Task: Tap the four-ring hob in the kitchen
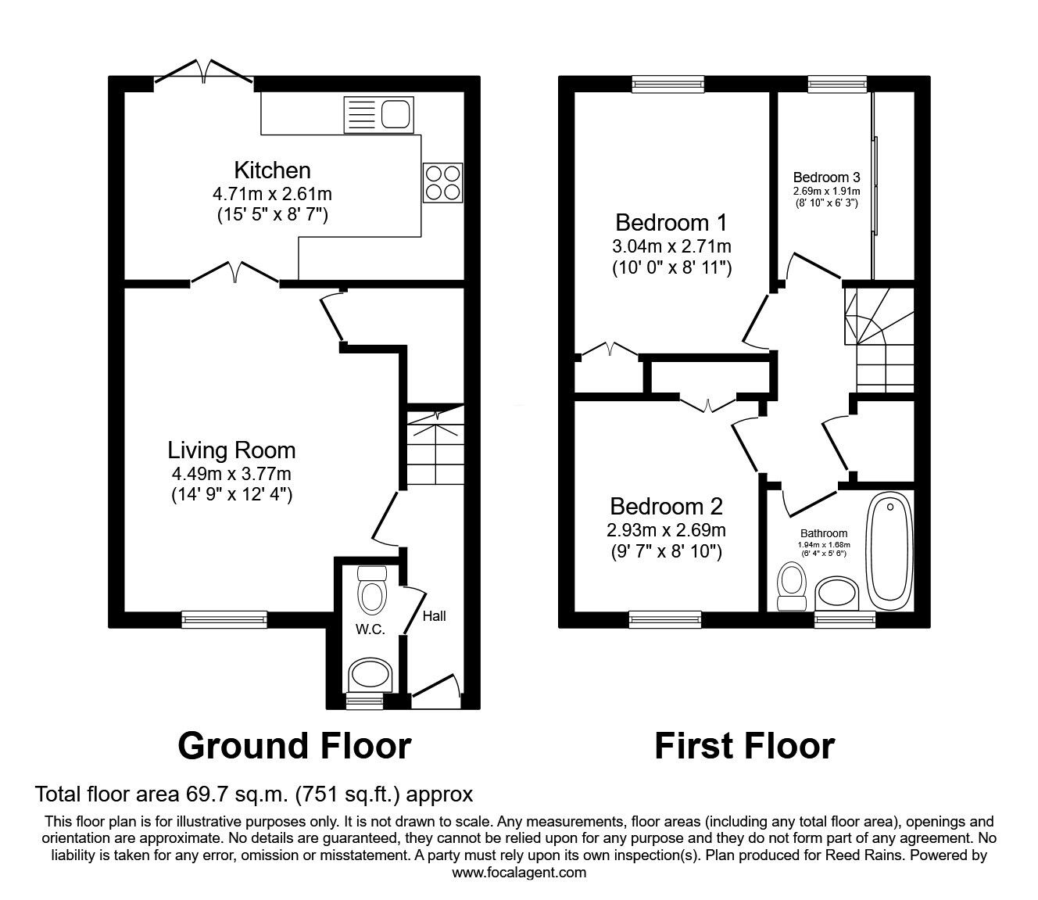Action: point(442,182)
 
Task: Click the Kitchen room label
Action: point(272,170)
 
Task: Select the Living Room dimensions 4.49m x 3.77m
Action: point(231,472)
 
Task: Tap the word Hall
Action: point(434,616)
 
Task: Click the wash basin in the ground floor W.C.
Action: point(370,673)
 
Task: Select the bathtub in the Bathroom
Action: point(889,553)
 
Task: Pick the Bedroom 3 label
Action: point(826,177)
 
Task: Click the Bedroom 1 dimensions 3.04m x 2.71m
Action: point(671,246)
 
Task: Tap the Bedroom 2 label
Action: point(666,505)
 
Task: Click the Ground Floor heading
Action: point(294,745)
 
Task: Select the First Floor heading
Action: point(743,745)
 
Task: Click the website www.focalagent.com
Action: point(519,872)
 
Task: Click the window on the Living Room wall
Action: point(224,619)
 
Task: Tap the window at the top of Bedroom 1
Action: point(668,84)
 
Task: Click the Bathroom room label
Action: point(822,533)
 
